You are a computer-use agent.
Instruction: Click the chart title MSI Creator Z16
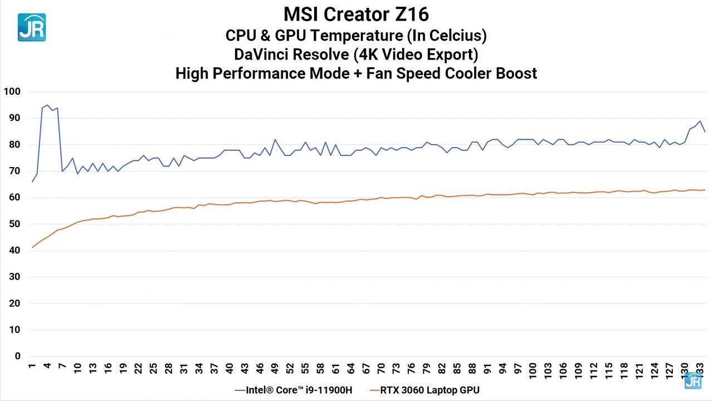coord(356,13)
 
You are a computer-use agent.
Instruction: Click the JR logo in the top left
coord(32,27)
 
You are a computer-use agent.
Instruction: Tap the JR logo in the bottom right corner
coord(692,380)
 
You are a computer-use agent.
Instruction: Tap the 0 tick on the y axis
coord(17,356)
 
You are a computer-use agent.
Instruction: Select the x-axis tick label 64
coord(351,369)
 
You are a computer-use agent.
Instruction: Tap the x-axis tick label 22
coord(139,369)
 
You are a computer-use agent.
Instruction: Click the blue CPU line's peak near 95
coord(47,105)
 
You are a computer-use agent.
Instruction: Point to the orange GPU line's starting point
coord(32,247)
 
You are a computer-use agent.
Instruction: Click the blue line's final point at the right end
coord(705,131)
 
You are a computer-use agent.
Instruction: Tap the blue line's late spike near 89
coord(700,121)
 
